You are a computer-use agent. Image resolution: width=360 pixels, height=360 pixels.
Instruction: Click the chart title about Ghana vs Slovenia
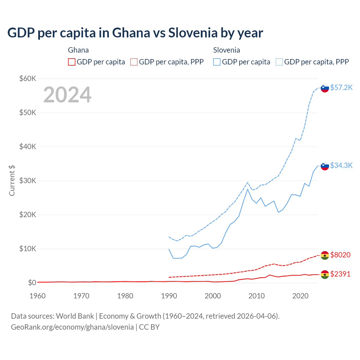point(135,33)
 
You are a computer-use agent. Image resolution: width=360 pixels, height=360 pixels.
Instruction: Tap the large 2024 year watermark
point(67,95)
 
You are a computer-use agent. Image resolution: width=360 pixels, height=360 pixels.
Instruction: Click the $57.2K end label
point(341,87)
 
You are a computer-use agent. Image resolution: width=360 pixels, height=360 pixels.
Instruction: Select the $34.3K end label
point(341,165)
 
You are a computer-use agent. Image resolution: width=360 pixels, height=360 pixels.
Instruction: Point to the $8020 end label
point(340,255)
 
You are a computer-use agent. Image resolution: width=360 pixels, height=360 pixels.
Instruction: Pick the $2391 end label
point(340,274)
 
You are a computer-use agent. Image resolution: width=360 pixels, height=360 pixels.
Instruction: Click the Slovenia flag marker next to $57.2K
point(325,88)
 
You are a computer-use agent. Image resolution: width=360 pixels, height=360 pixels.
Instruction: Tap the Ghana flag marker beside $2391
point(325,274)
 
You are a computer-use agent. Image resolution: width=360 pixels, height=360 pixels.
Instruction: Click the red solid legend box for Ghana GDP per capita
point(72,62)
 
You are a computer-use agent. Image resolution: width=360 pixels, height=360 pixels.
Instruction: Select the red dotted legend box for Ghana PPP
point(134,62)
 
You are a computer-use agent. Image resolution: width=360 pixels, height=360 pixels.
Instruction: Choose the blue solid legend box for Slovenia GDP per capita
point(217,62)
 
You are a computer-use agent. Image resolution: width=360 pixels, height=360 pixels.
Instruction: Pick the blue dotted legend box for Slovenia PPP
point(279,62)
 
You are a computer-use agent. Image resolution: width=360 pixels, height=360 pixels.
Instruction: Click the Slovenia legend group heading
point(226,50)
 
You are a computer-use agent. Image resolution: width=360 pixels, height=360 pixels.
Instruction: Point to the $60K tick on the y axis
point(28,78)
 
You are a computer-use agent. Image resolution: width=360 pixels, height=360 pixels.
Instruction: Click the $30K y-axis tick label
point(28,181)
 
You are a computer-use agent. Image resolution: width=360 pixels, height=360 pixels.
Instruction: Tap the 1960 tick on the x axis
point(37,296)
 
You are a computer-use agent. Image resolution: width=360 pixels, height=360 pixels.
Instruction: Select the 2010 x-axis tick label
point(256,296)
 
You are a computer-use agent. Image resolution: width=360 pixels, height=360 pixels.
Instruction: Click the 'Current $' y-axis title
point(12,181)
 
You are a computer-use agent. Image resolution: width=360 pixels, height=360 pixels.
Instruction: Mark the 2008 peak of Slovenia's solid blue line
point(247,189)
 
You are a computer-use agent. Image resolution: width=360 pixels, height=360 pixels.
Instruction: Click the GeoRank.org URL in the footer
point(72,327)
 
